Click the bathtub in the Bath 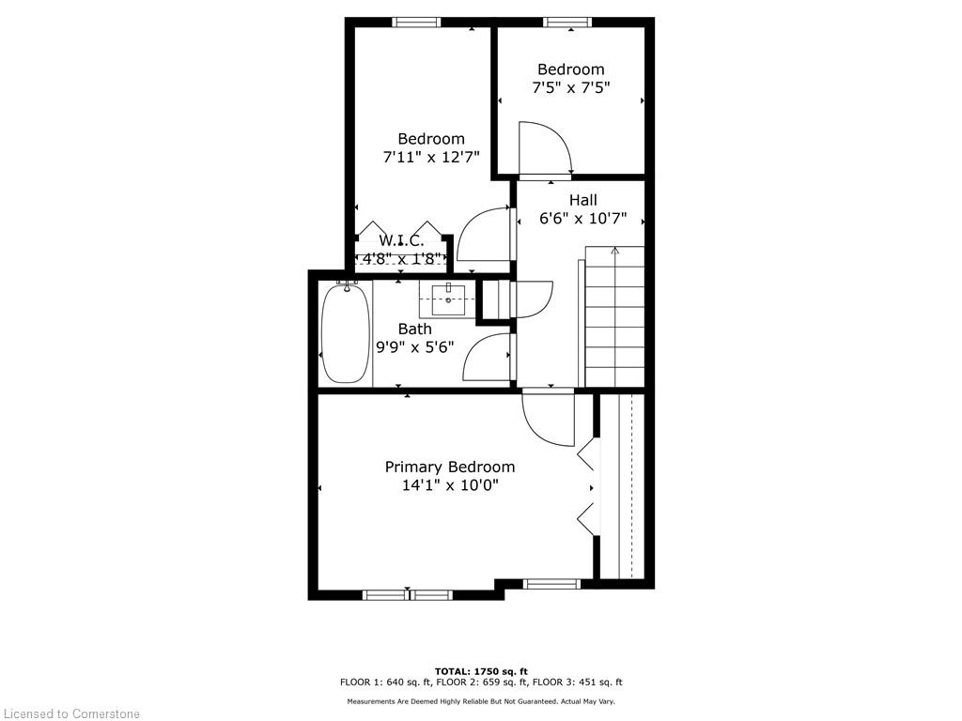pyautogui.click(x=346, y=333)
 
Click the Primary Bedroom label pyautogui.click(x=450, y=467)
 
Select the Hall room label pyautogui.click(x=582, y=200)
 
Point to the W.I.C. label pyautogui.click(x=401, y=240)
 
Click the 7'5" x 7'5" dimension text pyautogui.click(x=570, y=87)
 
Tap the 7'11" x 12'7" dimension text pyautogui.click(x=431, y=158)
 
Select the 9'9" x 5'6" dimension pyautogui.click(x=414, y=347)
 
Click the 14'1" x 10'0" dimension pyautogui.click(x=450, y=485)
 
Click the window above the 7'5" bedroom pyautogui.click(x=567, y=23)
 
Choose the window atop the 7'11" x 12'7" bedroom pyautogui.click(x=416, y=23)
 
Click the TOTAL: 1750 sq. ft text pyautogui.click(x=481, y=671)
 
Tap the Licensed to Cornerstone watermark pyautogui.click(x=70, y=713)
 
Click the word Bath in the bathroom pyautogui.click(x=414, y=330)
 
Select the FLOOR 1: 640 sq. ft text pyautogui.click(x=385, y=682)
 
